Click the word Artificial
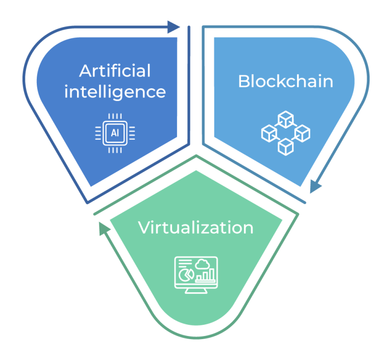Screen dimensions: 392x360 click(x=115, y=71)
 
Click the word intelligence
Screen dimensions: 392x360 click(x=115, y=92)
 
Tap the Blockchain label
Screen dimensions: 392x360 click(x=286, y=81)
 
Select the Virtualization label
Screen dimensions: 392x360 click(x=196, y=227)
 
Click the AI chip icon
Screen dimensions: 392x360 click(x=115, y=133)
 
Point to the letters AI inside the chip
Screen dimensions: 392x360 click(x=115, y=133)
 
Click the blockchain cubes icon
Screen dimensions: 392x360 click(x=286, y=133)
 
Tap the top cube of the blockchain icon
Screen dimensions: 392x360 click(x=286, y=119)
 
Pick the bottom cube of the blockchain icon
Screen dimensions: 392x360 click(x=286, y=147)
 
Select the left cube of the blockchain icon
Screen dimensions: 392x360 click(x=269, y=134)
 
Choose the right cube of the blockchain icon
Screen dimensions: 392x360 click(x=303, y=134)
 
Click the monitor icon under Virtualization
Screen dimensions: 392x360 click(x=196, y=275)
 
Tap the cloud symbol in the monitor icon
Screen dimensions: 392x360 click(x=202, y=264)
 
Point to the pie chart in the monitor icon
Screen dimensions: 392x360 click(x=186, y=275)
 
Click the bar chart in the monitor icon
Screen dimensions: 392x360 click(x=206, y=275)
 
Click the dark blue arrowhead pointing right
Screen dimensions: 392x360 click(x=174, y=27)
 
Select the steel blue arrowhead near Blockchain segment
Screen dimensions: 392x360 click(x=315, y=186)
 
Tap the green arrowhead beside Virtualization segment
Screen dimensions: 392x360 click(x=104, y=228)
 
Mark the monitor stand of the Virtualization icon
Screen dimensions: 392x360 click(x=196, y=291)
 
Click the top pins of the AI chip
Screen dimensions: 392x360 click(x=115, y=116)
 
